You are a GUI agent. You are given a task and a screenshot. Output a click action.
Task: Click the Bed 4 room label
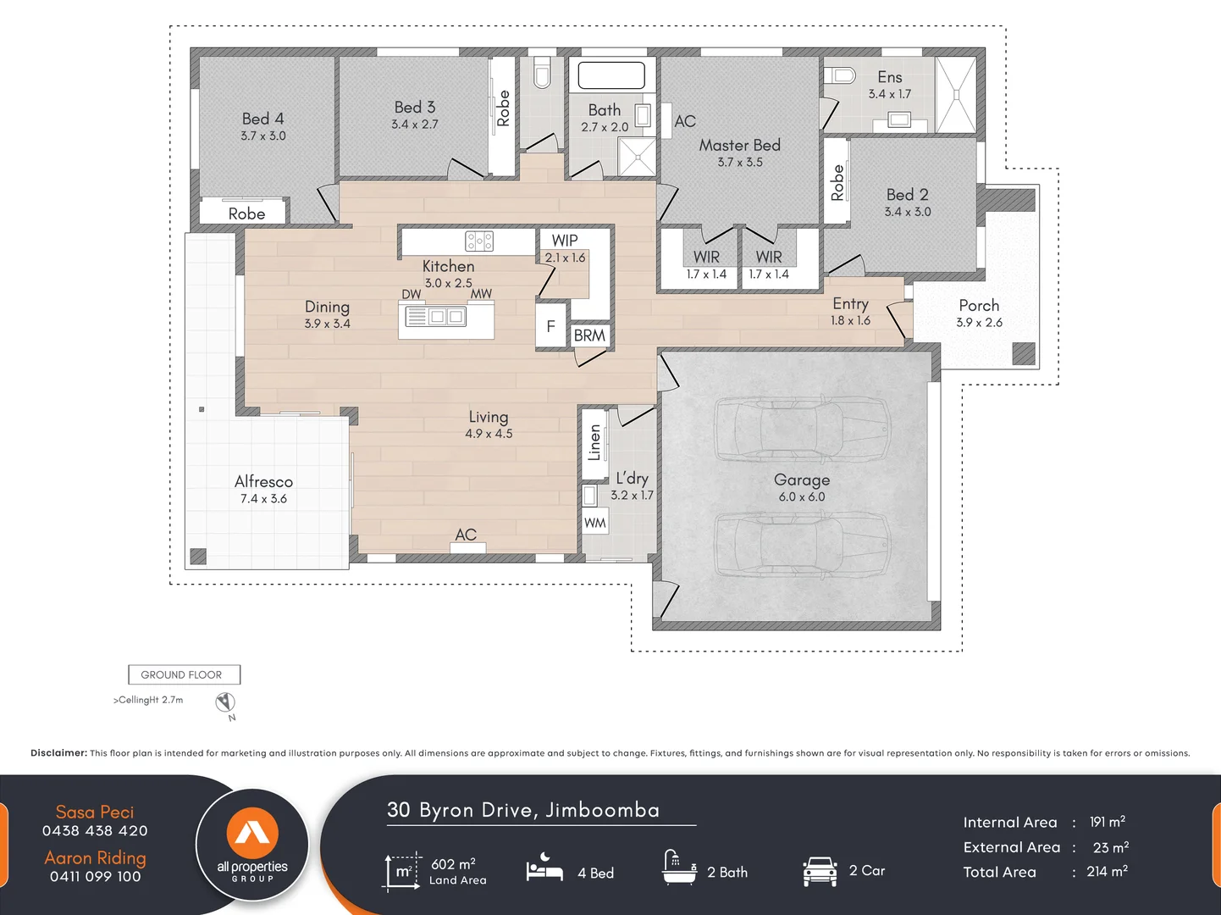(x=262, y=119)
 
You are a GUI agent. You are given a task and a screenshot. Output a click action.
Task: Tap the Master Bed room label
(x=739, y=145)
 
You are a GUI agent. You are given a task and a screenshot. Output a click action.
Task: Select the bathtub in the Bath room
(x=611, y=75)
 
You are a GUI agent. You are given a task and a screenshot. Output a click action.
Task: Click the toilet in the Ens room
(x=840, y=75)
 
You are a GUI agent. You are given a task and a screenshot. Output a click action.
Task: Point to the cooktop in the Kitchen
(x=479, y=241)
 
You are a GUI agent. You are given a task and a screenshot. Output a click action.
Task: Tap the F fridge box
(x=550, y=326)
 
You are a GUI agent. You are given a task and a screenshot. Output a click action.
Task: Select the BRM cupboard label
(x=589, y=335)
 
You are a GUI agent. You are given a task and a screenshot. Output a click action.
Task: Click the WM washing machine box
(x=594, y=523)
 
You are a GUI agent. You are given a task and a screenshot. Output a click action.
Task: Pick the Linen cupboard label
(x=594, y=442)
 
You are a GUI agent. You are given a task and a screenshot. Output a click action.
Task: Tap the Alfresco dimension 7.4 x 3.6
(x=263, y=499)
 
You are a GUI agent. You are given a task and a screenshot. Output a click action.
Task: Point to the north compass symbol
(x=225, y=702)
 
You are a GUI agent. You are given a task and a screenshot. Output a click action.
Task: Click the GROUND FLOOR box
(x=184, y=674)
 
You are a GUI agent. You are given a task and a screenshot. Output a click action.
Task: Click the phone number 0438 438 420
(x=95, y=831)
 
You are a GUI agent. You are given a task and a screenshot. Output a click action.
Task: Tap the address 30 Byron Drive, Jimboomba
(x=522, y=810)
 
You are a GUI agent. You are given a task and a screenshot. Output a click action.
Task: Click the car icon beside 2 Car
(x=820, y=871)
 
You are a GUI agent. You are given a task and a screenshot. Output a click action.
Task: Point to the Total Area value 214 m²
(x=1107, y=872)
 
